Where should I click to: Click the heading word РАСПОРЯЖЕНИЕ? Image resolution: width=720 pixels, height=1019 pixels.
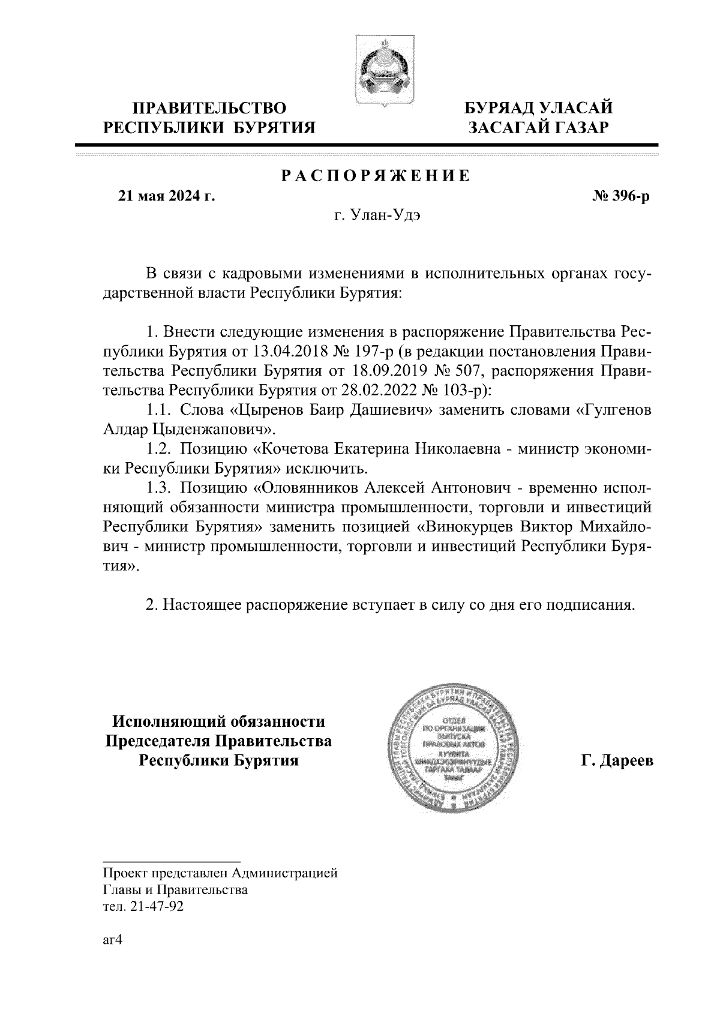pos(376,176)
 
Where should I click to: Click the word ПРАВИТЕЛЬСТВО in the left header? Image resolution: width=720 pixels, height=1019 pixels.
pos(209,109)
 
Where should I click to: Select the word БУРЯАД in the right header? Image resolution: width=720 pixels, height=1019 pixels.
pos(502,109)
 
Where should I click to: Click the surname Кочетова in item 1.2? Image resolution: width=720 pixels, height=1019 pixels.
pos(287,449)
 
